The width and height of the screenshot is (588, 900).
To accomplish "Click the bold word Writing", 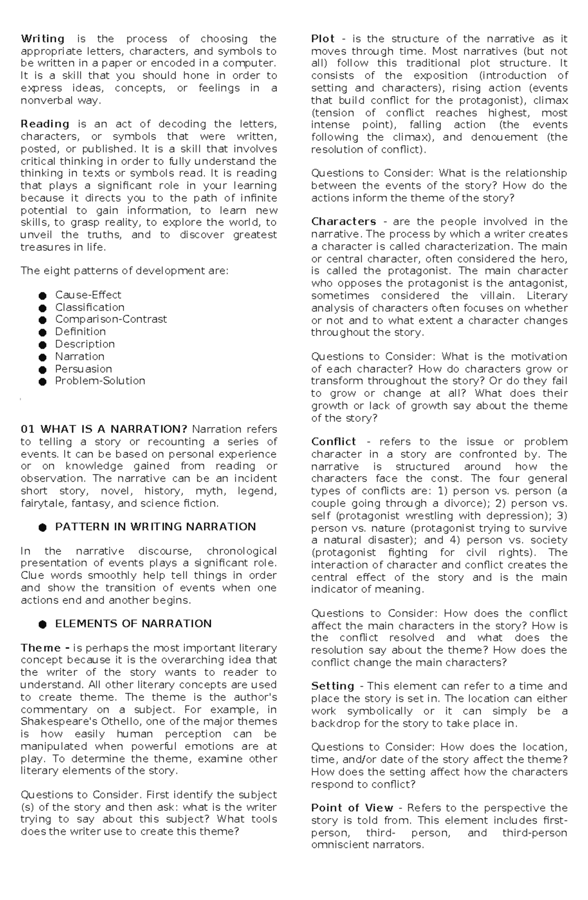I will pyautogui.click(x=43, y=39).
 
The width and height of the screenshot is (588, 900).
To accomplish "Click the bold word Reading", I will pyautogui.click(x=45, y=124).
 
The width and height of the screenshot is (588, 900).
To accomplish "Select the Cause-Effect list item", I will pyautogui.click(x=88, y=295).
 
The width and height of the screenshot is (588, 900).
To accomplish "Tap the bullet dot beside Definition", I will pyautogui.click(x=43, y=333).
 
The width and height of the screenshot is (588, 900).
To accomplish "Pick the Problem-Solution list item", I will pyautogui.click(x=100, y=381).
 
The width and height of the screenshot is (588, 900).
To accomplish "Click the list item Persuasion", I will pyautogui.click(x=83, y=369).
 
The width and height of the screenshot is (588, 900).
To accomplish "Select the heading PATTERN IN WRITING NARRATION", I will pyautogui.click(x=155, y=527).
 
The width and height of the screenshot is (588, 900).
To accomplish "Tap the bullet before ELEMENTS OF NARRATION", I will pyautogui.click(x=43, y=624).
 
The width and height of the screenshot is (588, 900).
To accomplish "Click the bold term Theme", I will pyautogui.click(x=41, y=648).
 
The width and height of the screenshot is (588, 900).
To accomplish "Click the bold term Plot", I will pyautogui.click(x=323, y=39).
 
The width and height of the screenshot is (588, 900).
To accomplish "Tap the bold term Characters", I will pyautogui.click(x=343, y=222).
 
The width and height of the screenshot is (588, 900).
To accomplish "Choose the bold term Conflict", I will pyautogui.click(x=333, y=441).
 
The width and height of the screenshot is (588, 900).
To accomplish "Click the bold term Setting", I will pyautogui.click(x=332, y=686).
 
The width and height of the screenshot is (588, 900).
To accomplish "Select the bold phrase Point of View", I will pyautogui.click(x=352, y=808).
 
